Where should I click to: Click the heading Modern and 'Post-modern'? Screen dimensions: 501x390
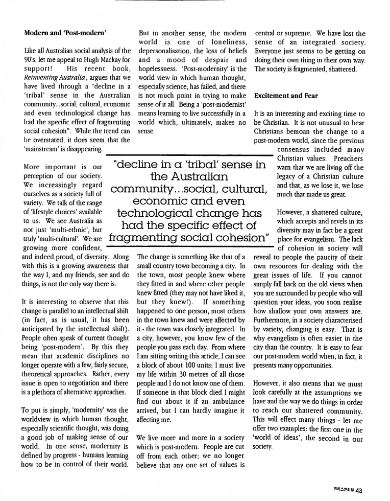pos(65,33)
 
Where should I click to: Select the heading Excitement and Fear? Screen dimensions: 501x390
pos(286,96)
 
